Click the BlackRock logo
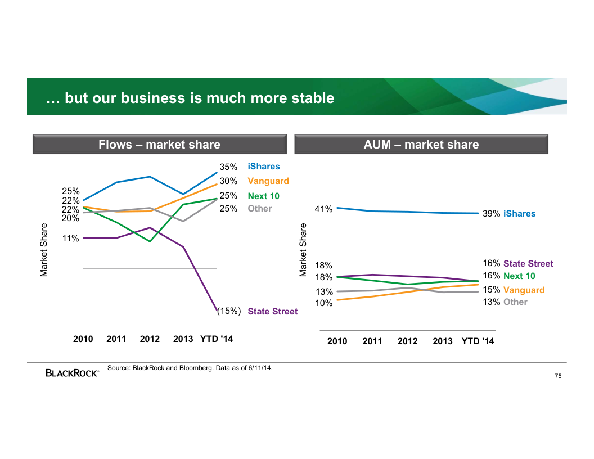click(x=72, y=372)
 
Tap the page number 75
click(x=558, y=376)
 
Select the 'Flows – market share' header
click(x=159, y=145)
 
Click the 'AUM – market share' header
click(x=421, y=145)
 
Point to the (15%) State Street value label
click(x=229, y=310)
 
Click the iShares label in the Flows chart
click(x=263, y=166)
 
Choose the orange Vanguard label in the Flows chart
click(x=268, y=181)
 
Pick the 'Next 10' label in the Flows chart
click(x=263, y=196)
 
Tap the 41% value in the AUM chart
click(x=323, y=209)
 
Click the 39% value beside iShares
click(x=491, y=214)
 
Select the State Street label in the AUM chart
click(x=528, y=264)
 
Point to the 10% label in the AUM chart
click(x=323, y=303)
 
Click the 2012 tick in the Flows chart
click(x=150, y=339)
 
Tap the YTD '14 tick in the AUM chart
click(x=478, y=341)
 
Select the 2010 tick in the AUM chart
click(x=337, y=341)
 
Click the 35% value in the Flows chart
click(x=228, y=167)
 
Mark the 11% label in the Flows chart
click(x=70, y=238)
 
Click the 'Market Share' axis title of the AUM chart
click(x=304, y=250)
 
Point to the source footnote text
click(x=190, y=368)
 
